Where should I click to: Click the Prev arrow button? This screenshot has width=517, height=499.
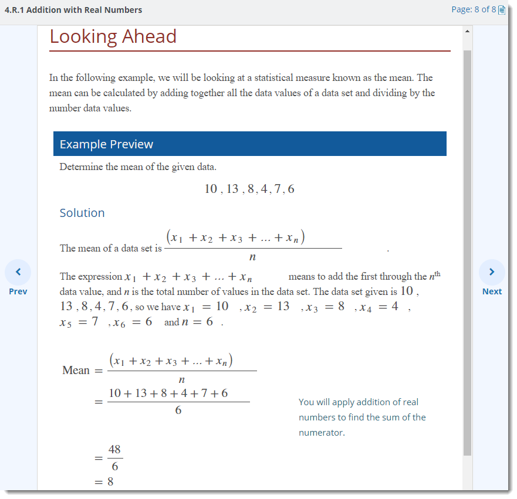tap(18, 272)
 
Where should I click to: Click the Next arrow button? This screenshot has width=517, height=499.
tap(492, 272)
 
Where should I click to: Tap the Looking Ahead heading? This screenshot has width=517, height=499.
tap(113, 36)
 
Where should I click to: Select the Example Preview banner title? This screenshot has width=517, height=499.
tap(106, 144)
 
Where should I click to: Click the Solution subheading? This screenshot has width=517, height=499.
tap(82, 213)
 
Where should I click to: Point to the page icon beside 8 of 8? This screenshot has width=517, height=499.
tap(502, 10)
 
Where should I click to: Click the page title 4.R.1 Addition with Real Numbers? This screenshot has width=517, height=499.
tap(73, 10)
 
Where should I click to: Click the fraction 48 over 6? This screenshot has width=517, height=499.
tap(114, 458)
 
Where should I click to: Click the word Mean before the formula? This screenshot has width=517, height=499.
tap(76, 371)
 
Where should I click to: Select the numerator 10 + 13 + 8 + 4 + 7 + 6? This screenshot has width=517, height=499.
tap(168, 393)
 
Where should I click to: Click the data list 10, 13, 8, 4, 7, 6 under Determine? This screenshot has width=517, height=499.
tap(249, 189)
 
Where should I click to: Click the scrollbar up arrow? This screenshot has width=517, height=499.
tap(467, 30)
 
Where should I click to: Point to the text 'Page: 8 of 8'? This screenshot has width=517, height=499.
tap(473, 10)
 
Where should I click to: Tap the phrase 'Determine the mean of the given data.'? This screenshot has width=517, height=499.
tap(138, 167)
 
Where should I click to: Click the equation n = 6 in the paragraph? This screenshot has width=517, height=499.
tap(198, 322)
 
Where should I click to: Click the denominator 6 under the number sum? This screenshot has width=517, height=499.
tap(178, 410)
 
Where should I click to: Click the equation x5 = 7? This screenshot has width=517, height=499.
tap(79, 322)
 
